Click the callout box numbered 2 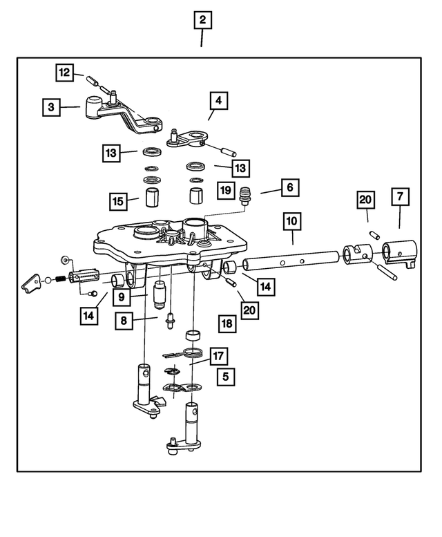202,21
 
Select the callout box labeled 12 64,71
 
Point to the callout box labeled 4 218,101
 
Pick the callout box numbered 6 399,196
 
